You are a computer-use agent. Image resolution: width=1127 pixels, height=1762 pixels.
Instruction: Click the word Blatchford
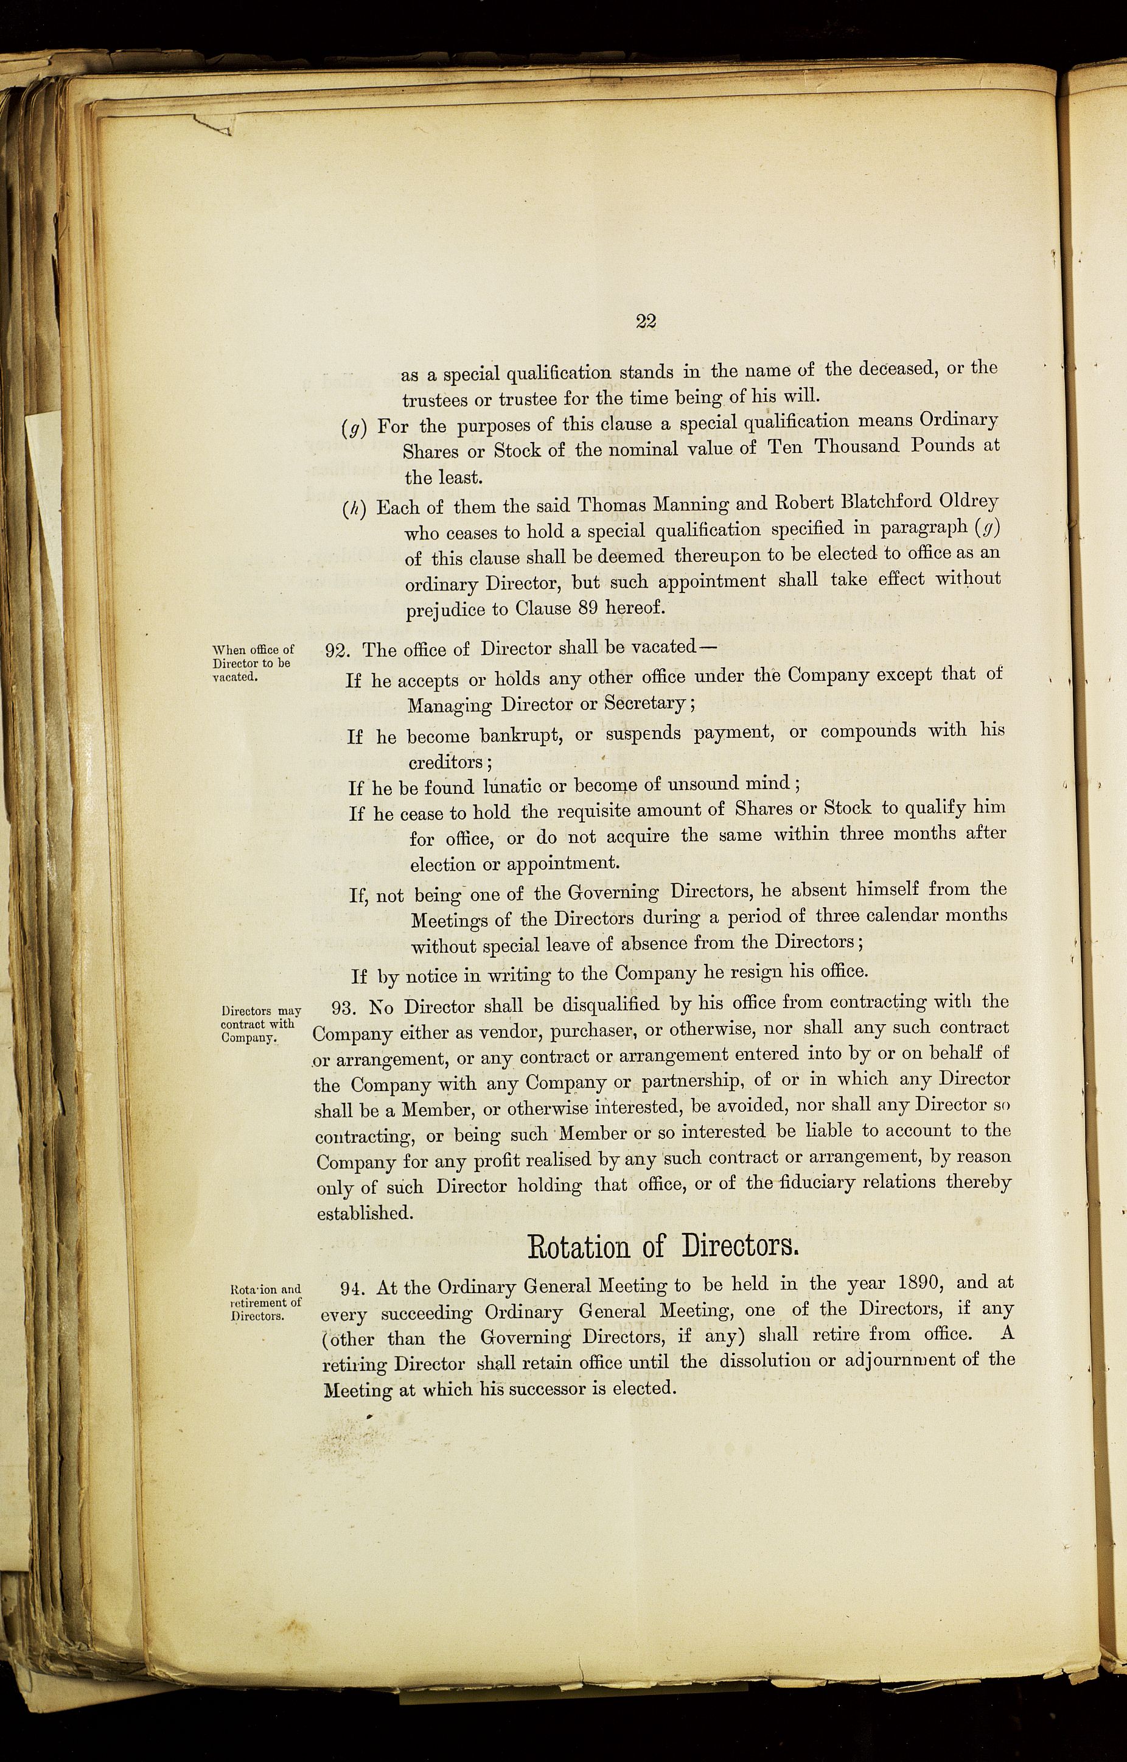pos(850,503)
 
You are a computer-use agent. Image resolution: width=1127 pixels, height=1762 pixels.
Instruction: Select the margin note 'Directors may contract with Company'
pos(260,1024)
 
